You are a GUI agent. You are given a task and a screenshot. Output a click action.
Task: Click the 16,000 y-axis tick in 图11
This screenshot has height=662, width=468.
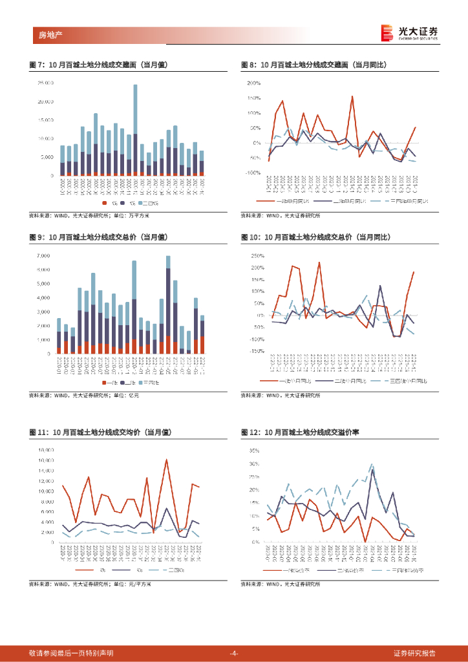point(45,450)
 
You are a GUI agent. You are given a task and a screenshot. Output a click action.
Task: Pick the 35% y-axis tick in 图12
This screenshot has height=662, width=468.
point(255,450)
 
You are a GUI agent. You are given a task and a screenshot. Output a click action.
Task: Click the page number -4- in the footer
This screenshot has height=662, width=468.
point(234,653)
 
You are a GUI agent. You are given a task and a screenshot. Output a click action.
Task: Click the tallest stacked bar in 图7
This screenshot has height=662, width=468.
point(135,129)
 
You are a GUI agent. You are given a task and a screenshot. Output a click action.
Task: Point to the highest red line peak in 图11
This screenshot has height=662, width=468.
point(167,460)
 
